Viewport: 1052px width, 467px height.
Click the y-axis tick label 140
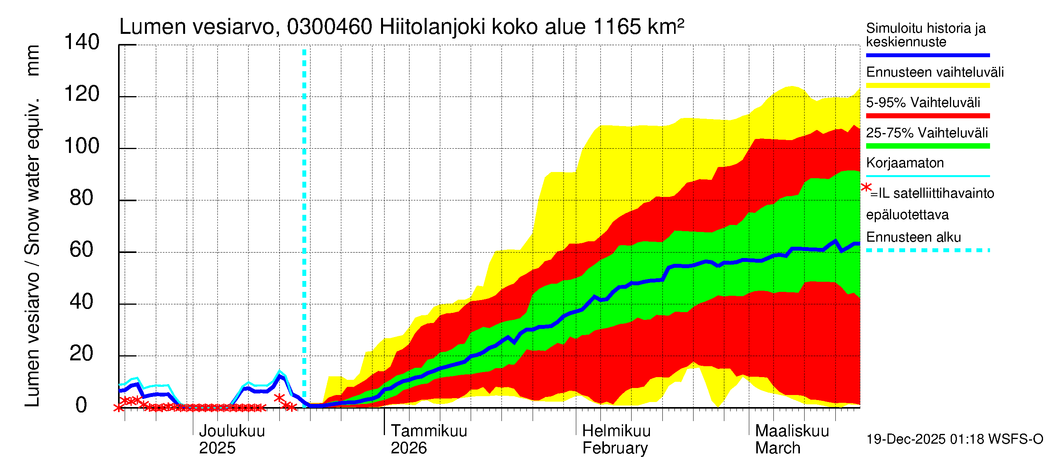point(82,42)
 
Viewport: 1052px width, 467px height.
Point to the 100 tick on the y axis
point(82,146)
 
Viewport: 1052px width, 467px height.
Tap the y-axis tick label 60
point(82,250)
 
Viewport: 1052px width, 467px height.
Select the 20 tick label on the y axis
point(82,354)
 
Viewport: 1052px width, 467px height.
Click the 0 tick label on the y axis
point(81,406)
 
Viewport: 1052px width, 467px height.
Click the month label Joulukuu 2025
point(231,440)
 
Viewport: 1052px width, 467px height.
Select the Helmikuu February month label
point(616,440)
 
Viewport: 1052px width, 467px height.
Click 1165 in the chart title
point(617,27)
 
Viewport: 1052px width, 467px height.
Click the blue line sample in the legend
point(927,55)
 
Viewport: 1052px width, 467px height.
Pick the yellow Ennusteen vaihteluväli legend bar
point(927,86)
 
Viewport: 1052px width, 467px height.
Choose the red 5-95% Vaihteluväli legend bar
point(927,116)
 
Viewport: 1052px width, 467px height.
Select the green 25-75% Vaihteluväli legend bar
point(927,146)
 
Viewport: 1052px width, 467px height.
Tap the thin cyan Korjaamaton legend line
point(927,176)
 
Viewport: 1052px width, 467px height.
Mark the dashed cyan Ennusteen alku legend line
point(927,250)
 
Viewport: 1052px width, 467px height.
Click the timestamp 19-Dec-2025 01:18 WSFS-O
point(954,439)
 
